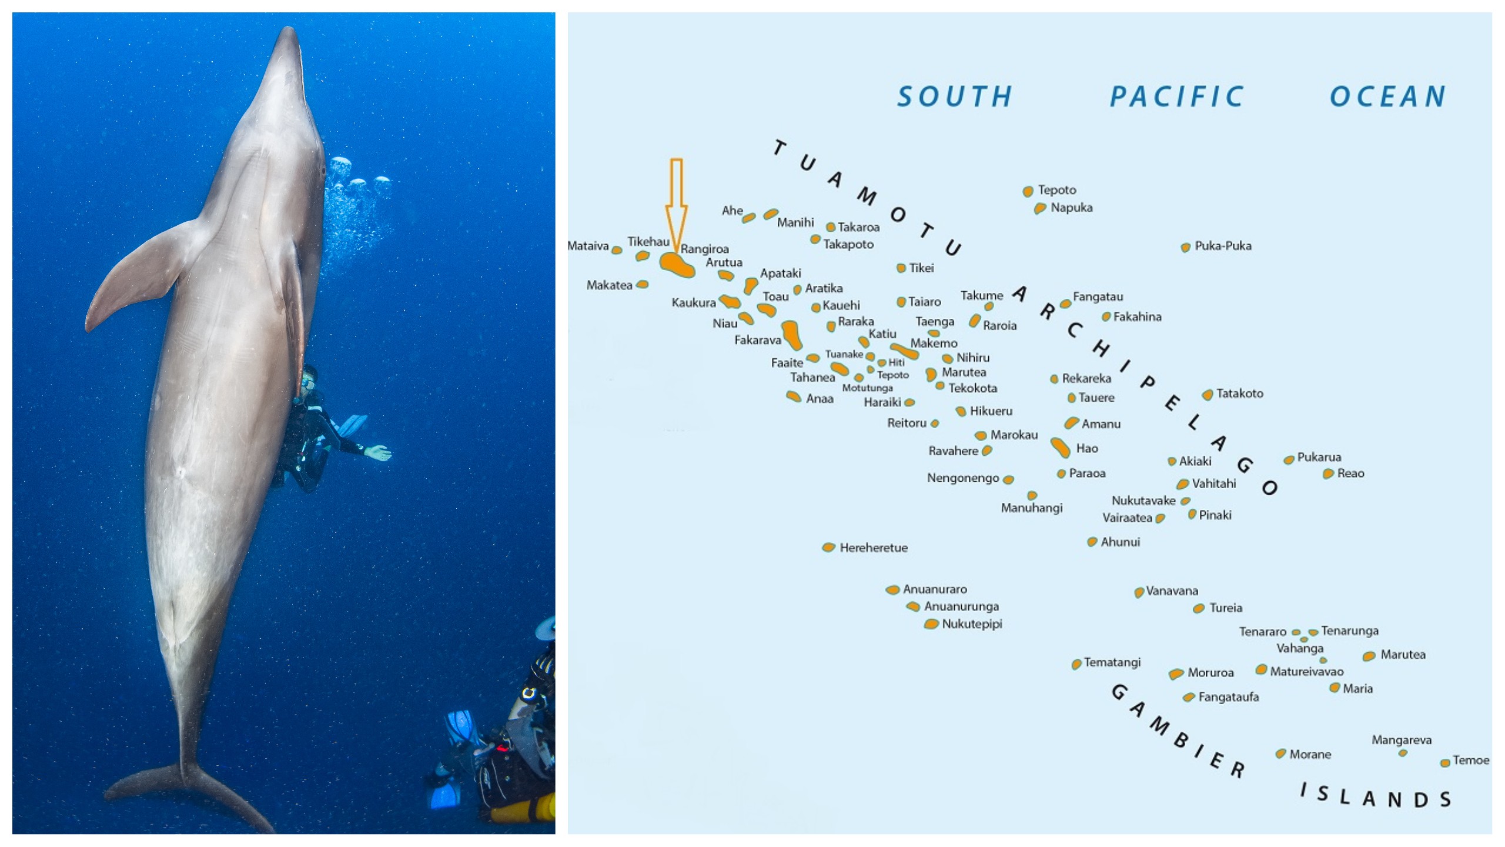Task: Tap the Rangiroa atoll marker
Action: click(677, 265)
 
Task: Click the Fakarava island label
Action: click(757, 340)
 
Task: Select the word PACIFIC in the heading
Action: click(1176, 96)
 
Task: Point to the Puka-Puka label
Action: click(1223, 246)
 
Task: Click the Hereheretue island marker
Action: click(828, 548)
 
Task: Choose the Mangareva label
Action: click(1401, 740)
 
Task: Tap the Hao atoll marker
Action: click(1060, 447)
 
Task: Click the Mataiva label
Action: click(588, 246)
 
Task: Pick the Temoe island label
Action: click(1471, 760)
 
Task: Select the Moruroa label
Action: click(1210, 672)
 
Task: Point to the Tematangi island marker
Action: click(1076, 664)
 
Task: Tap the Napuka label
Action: click(1071, 208)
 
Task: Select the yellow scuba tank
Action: click(523, 812)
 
